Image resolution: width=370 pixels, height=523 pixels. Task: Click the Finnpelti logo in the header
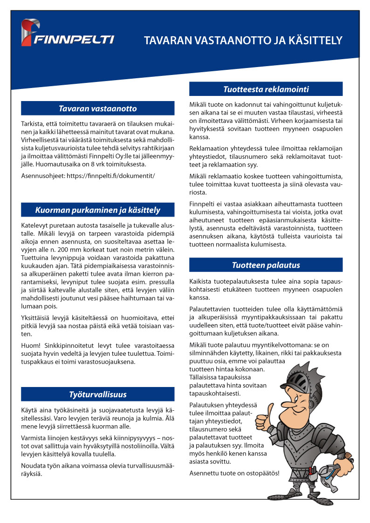(x=68, y=34)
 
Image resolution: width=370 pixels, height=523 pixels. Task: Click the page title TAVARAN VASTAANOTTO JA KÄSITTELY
(x=243, y=41)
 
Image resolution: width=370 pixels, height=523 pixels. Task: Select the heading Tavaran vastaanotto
(x=98, y=109)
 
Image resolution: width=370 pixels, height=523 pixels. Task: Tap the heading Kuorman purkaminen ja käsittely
(x=98, y=210)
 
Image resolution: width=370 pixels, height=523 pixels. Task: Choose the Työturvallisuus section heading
(x=98, y=394)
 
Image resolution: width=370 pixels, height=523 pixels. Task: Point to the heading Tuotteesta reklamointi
(x=266, y=89)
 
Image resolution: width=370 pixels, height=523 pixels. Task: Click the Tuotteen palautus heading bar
(x=266, y=265)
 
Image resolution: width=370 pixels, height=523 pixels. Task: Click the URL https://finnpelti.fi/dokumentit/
(x=111, y=176)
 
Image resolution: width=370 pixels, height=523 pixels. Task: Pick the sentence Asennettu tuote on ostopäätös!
(x=234, y=473)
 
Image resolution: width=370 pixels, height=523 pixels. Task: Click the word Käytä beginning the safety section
(x=30, y=410)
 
